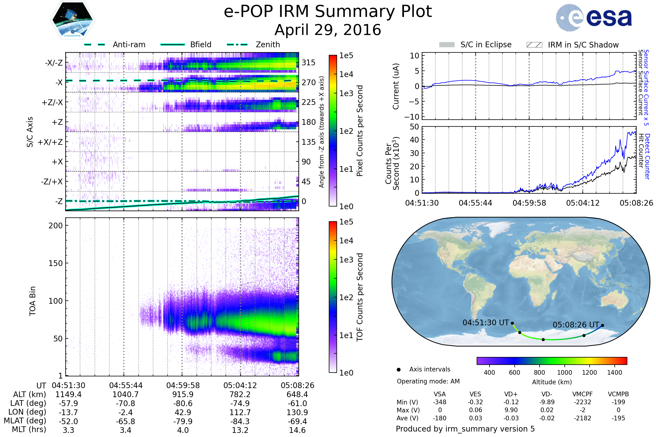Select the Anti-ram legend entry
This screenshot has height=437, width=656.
129,45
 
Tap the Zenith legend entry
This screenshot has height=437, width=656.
268,45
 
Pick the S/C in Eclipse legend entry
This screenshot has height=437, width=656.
486,45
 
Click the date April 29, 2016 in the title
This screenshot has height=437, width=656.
328,30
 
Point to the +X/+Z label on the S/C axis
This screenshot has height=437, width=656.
50,142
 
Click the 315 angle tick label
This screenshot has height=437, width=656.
308,63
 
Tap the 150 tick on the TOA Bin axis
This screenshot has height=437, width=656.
55,263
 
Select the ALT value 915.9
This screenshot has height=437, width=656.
183,395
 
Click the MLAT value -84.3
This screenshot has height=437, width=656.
240,421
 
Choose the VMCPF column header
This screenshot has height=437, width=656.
582,394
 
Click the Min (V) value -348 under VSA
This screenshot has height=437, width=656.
440,402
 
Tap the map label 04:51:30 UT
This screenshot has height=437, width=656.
486,323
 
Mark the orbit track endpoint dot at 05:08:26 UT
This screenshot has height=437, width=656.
602,326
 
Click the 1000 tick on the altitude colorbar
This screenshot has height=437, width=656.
564,373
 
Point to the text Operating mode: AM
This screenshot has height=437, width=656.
428,381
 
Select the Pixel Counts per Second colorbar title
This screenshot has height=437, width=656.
360,131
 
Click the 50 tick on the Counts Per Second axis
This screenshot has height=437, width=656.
414,127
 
